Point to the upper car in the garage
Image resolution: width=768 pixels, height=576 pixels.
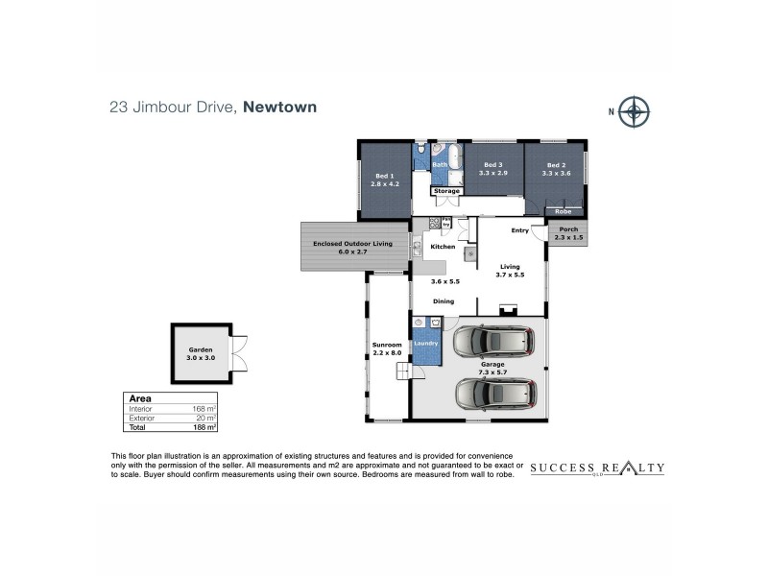pos(495,341)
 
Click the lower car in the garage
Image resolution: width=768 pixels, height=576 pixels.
pos(495,393)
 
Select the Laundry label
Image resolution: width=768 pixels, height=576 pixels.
pos(425,343)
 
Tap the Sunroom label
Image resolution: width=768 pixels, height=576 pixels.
pos(387,348)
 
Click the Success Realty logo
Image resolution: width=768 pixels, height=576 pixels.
pos(597,468)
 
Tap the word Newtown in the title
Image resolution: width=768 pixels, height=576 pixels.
pos(280,108)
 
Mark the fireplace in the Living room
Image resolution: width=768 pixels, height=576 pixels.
pos(509,310)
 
